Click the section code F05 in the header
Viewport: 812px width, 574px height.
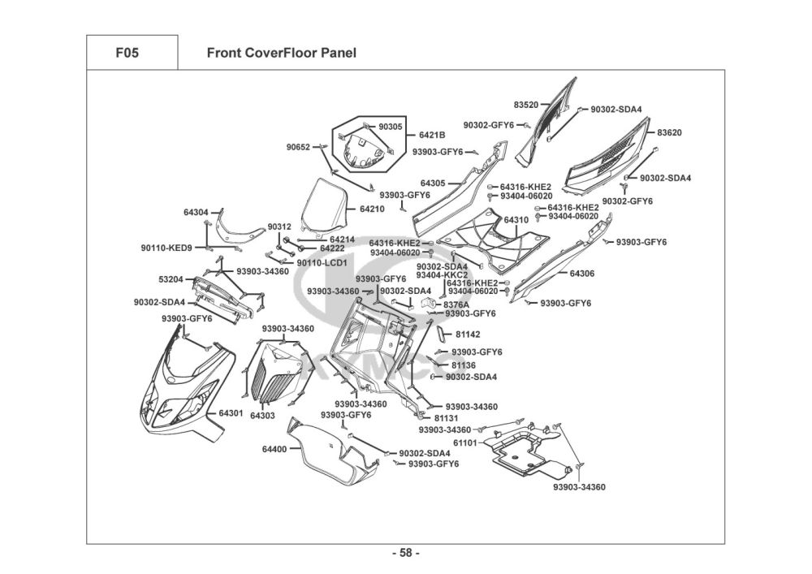click(127, 54)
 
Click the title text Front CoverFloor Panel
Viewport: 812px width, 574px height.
click(281, 54)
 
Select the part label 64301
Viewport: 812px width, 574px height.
click(231, 413)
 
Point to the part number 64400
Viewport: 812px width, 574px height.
click(274, 449)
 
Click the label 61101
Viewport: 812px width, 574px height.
click(464, 442)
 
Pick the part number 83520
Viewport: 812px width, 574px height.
click(526, 105)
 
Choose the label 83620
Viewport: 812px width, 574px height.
click(669, 132)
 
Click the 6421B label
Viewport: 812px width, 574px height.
click(432, 135)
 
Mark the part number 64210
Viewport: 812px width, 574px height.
click(372, 209)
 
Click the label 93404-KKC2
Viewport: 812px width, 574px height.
click(442, 275)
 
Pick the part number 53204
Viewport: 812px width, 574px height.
click(171, 279)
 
